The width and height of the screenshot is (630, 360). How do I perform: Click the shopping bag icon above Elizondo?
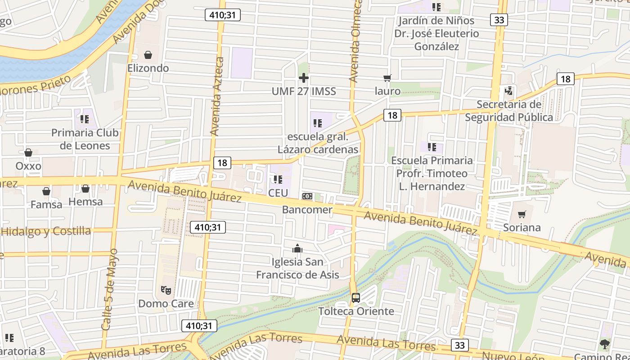148,55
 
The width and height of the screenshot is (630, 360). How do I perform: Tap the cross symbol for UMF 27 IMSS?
304,78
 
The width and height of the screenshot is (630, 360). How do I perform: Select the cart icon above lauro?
387,78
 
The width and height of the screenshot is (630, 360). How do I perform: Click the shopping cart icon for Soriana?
522,214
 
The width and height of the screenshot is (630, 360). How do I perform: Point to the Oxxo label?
28,166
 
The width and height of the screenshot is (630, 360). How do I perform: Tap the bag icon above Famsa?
46,191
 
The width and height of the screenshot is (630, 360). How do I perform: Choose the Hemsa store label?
85,202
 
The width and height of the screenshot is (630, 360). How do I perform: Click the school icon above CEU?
278,180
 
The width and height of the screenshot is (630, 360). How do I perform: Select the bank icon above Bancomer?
307,196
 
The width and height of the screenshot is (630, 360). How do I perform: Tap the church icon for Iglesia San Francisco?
297,248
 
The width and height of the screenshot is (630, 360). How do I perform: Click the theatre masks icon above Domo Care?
166,290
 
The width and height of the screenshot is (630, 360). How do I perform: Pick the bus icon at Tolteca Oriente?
356,297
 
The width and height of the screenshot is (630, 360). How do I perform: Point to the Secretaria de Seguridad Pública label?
509,111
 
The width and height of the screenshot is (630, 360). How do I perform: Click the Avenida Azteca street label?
217,96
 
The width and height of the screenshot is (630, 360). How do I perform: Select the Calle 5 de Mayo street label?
110,289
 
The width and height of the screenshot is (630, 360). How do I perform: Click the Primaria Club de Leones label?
85,139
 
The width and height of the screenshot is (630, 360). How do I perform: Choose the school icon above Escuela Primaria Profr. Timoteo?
432,147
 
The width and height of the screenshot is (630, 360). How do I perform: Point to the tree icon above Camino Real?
604,344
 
